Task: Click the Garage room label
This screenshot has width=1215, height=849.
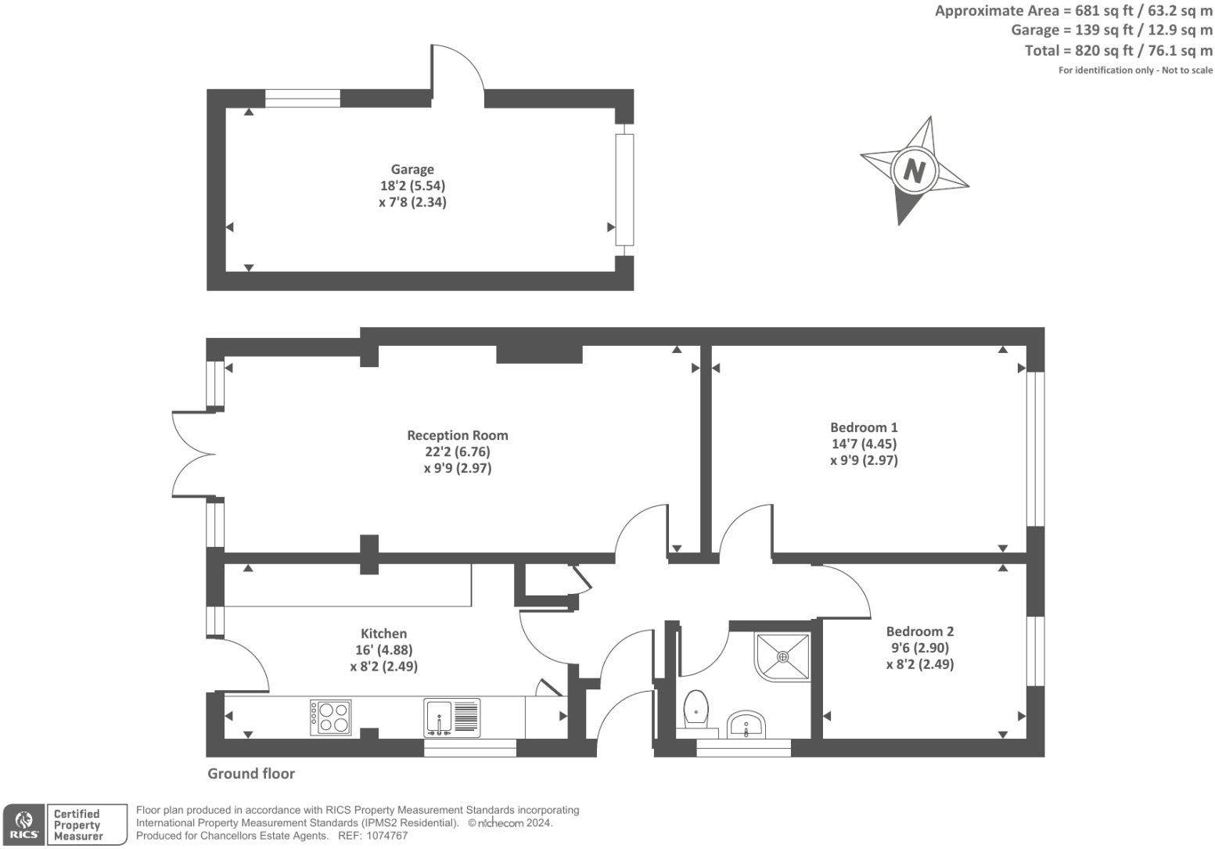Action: (x=412, y=169)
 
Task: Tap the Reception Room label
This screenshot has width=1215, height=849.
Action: (x=457, y=435)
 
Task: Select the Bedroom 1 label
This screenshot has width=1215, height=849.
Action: (x=864, y=427)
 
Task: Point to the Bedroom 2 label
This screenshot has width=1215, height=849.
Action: (x=919, y=631)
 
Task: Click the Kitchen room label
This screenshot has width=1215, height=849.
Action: (x=383, y=633)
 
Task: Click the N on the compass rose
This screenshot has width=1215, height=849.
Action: (x=914, y=170)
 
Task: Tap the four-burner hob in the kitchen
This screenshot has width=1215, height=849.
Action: (x=331, y=717)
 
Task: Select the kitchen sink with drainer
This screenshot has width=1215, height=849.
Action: (x=451, y=717)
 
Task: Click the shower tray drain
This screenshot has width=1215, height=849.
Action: (x=782, y=657)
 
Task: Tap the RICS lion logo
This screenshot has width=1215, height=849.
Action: (x=23, y=824)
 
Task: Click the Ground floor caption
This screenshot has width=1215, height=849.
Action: (x=251, y=773)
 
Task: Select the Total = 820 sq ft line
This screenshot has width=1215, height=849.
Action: (x=1118, y=50)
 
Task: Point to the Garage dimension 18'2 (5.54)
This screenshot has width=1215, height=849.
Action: (x=412, y=185)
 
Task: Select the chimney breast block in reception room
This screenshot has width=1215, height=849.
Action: (x=539, y=354)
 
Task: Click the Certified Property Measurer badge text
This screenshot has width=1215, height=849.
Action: (x=78, y=825)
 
